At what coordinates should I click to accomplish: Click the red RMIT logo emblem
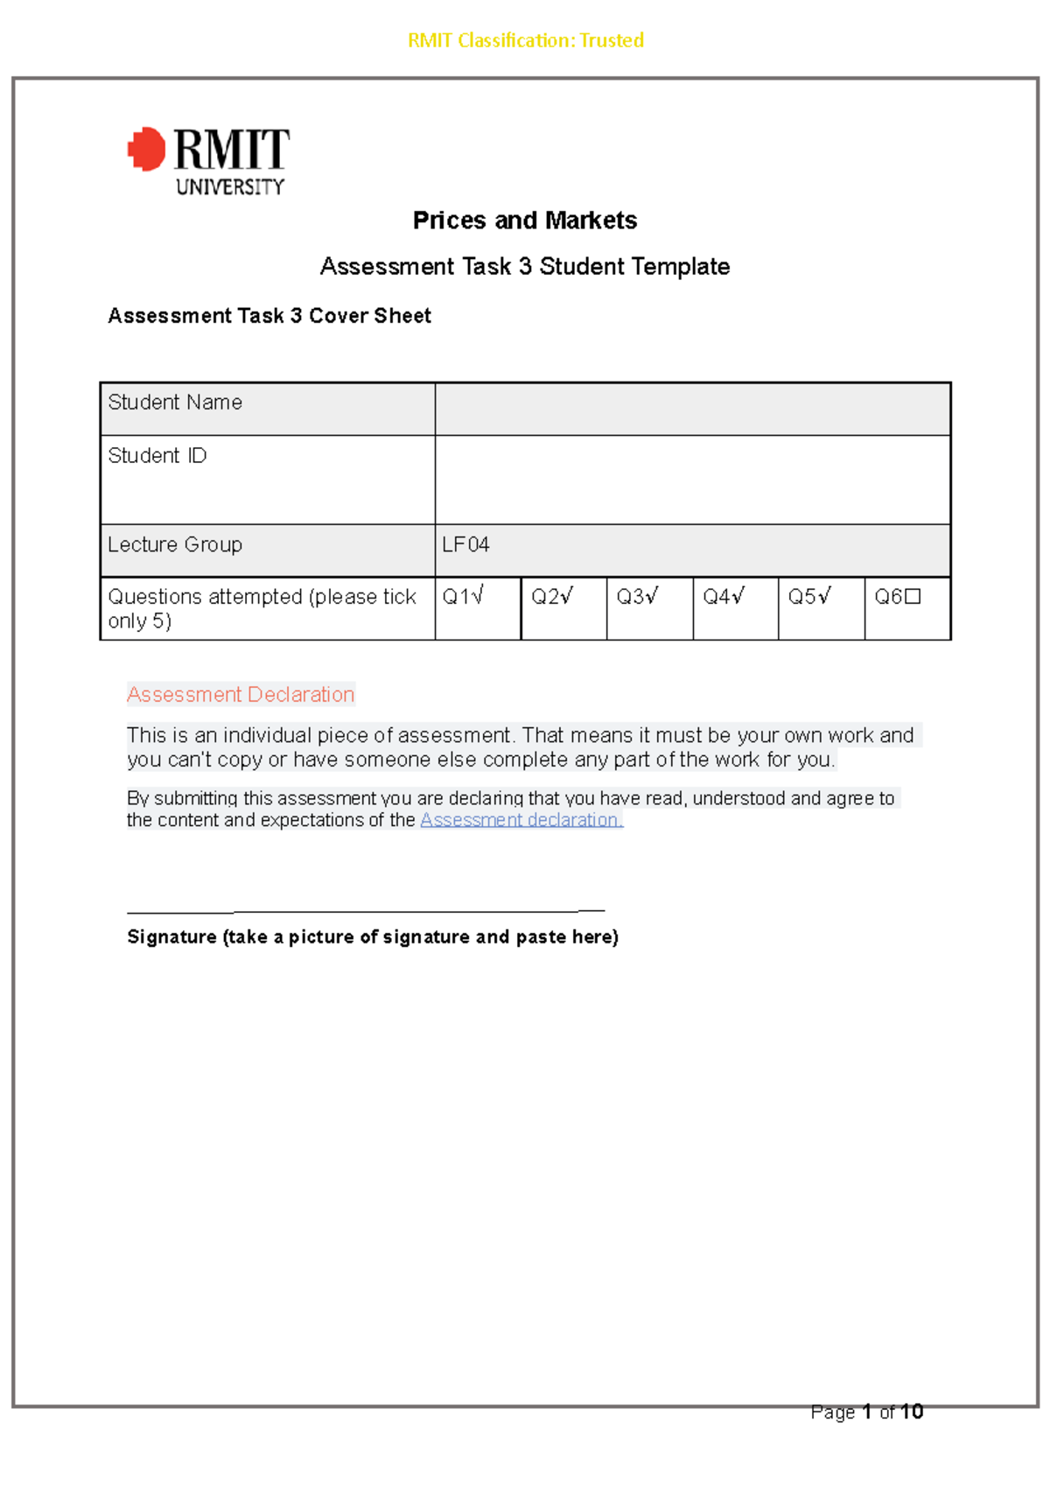click(147, 149)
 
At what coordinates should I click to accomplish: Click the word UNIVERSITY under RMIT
click(230, 186)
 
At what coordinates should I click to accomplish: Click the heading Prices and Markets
click(524, 221)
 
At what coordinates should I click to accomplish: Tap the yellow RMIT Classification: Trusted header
click(525, 40)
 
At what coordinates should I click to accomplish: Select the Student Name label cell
click(175, 403)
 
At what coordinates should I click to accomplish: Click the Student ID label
click(157, 456)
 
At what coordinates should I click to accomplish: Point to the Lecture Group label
click(175, 544)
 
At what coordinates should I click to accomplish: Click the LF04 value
click(465, 544)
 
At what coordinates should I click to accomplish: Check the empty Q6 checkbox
click(913, 597)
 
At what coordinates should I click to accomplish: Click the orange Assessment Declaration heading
click(241, 694)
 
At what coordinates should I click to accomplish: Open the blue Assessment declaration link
click(521, 820)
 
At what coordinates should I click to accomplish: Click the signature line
click(366, 911)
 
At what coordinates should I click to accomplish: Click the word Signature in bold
click(171, 937)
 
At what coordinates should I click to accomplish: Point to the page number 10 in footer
click(912, 1412)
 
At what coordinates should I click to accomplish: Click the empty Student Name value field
click(691, 409)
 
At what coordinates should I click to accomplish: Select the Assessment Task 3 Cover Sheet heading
click(269, 316)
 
